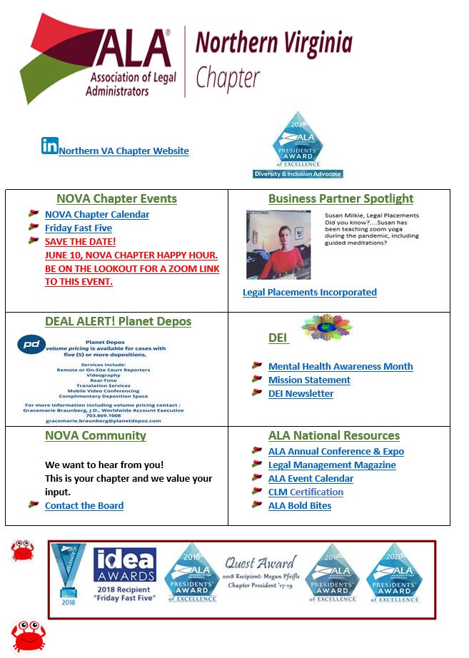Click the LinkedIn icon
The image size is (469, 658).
(x=49, y=146)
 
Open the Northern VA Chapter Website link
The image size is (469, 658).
(x=123, y=151)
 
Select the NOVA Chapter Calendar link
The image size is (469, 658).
(x=97, y=215)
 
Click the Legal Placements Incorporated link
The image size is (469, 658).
(x=309, y=293)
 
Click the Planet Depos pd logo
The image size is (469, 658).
(x=31, y=345)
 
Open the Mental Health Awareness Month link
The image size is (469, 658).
(x=341, y=367)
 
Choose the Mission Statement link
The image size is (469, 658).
(x=309, y=380)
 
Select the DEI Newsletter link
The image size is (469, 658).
(x=301, y=394)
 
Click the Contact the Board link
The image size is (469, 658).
(x=84, y=506)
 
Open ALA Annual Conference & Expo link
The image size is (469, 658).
(x=336, y=452)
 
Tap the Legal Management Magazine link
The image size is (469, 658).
(x=332, y=465)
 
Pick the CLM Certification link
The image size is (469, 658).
(x=306, y=492)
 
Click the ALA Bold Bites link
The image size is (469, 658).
(x=300, y=506)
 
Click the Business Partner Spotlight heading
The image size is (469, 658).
(x=341, y=199)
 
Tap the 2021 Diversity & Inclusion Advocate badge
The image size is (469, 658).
(x=298, y=146)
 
